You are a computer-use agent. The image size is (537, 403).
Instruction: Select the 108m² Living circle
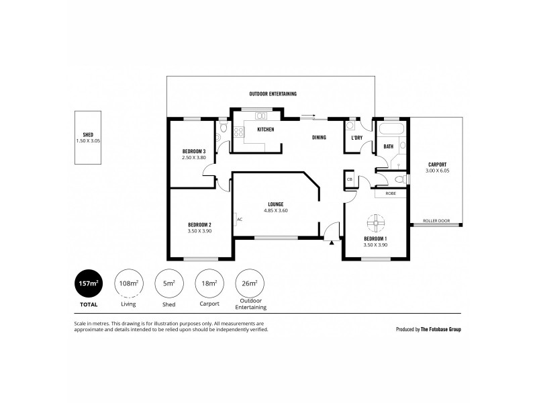pos(128,283)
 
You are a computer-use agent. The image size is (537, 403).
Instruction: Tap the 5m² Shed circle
pos(168,283)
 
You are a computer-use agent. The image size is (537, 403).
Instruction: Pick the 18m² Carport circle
pos(209,283)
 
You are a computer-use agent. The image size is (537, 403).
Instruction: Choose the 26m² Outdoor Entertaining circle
pos(249,283)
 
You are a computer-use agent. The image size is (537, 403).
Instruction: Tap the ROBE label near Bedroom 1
pos(390,193)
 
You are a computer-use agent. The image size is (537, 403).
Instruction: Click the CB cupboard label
pos(350,180)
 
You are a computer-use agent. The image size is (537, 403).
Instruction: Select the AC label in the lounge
pos(240,219)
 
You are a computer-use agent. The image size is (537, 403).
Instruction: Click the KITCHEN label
pos(265,129)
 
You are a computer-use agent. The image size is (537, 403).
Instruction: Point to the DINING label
pos(319,138)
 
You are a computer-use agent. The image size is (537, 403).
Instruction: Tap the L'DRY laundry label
pos(356,138)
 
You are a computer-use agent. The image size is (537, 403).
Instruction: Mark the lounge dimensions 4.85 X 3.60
pos(275,211)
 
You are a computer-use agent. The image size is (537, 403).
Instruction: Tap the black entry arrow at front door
pos(331,242)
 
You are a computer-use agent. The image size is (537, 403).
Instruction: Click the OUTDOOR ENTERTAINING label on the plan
pos(273,94)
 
